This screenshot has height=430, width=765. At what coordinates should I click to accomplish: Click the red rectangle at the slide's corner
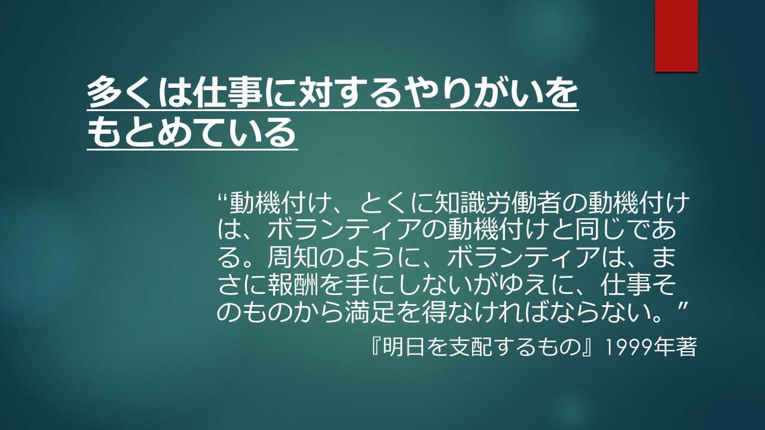[676, 35]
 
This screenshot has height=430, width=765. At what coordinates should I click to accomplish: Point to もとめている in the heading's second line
[191, 132]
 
